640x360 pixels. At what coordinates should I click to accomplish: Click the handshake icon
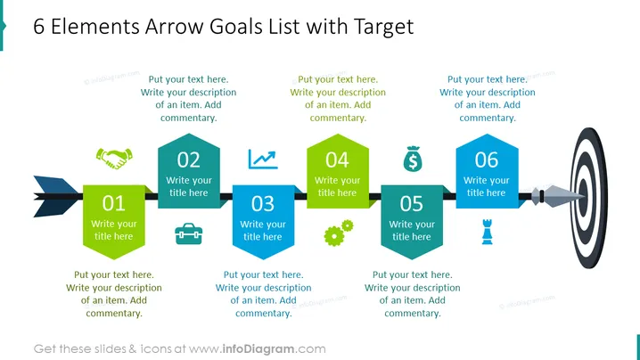[114, 159]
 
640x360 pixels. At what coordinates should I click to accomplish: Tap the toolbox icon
[189, 233]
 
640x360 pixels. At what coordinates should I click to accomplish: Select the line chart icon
[263, 160]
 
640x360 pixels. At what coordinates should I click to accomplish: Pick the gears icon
[339, 233]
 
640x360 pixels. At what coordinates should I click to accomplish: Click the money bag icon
[413, 159]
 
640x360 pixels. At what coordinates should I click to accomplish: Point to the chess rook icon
[488, 232]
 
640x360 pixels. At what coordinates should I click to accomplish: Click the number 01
[113, 203]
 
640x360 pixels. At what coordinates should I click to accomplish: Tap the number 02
[189, 160]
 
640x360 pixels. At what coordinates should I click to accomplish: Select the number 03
[263, 204]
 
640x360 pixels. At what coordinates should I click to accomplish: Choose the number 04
[337, 160]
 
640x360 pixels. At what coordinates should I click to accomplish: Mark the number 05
[412, 204]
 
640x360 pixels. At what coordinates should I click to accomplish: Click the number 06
[487, 160]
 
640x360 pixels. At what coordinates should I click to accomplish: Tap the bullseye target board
[589, 198]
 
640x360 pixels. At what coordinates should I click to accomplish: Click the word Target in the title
[383, 27]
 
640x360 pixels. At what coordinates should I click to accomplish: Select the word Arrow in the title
[175, 27]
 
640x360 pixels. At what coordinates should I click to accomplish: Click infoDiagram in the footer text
[258, 349]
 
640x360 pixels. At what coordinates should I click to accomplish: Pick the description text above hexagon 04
[338, 98]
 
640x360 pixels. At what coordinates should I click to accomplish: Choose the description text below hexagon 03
[263, 294]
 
